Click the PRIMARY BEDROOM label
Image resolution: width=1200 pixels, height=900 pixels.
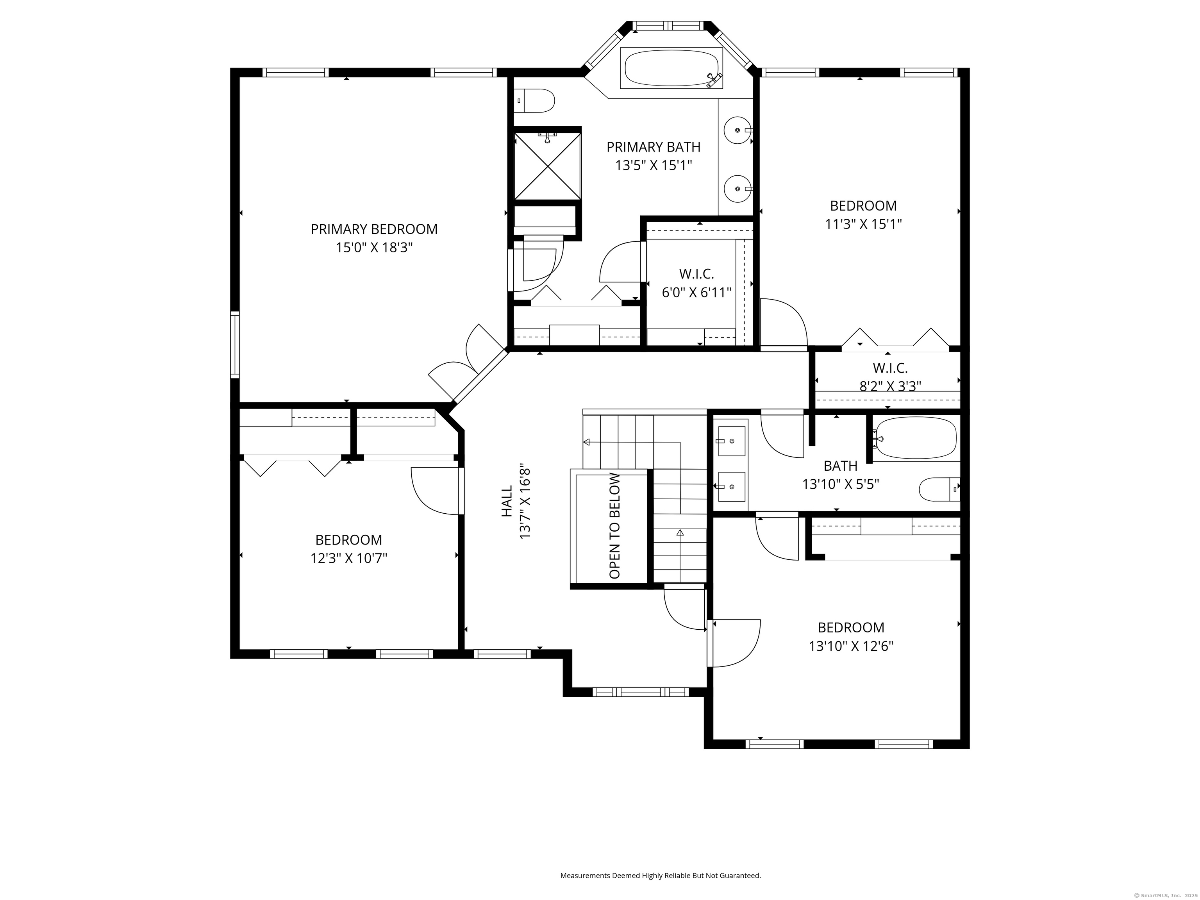point(374,229)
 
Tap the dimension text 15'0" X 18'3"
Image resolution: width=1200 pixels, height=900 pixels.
point(374,247)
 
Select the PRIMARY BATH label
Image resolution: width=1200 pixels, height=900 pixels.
point(653,147)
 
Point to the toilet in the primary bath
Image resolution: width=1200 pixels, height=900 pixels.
point(534,101)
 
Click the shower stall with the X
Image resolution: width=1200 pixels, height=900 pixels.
point(547,166)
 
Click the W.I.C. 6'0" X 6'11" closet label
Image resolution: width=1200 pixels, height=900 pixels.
point(696,283)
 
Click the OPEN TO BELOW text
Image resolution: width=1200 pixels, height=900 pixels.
point(614,526)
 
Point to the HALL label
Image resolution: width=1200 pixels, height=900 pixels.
point(507,501)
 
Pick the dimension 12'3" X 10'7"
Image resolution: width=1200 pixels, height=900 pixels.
point(348,558)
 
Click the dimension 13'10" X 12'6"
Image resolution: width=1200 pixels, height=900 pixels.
point(851,646)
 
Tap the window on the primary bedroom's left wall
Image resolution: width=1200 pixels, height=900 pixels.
point(235,345)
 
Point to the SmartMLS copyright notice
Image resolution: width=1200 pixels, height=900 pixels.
point(1166,895)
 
